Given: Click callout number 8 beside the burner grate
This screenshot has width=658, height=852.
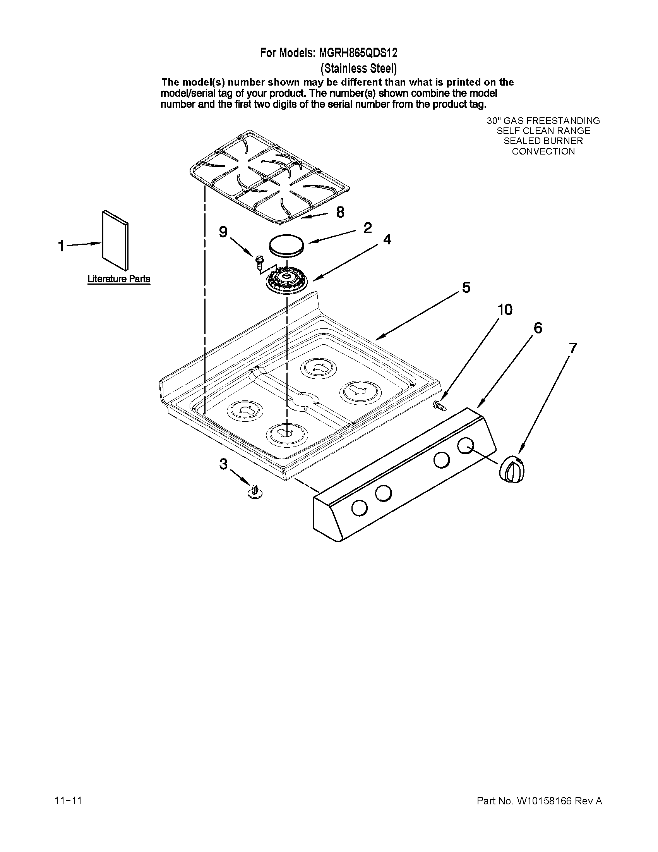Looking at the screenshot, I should (340, 212).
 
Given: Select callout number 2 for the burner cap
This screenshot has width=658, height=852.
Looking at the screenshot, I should (367, 228).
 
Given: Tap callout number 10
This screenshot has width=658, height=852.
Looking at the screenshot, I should (505, 310).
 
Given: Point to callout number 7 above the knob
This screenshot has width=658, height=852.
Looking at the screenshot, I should (572, 348).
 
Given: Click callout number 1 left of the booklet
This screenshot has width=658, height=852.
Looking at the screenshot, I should (61, 246).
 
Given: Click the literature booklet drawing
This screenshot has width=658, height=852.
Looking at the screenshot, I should (115, 241).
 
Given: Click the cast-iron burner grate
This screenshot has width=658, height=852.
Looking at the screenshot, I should (269, 177).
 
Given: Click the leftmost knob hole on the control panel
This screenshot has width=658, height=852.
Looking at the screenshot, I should (359, 508).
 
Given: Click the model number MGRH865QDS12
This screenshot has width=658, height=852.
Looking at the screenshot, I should (358, 53).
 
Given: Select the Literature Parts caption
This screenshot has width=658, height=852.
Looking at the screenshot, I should (118, 279).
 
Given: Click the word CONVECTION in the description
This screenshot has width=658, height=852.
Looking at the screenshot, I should (543, 151).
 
